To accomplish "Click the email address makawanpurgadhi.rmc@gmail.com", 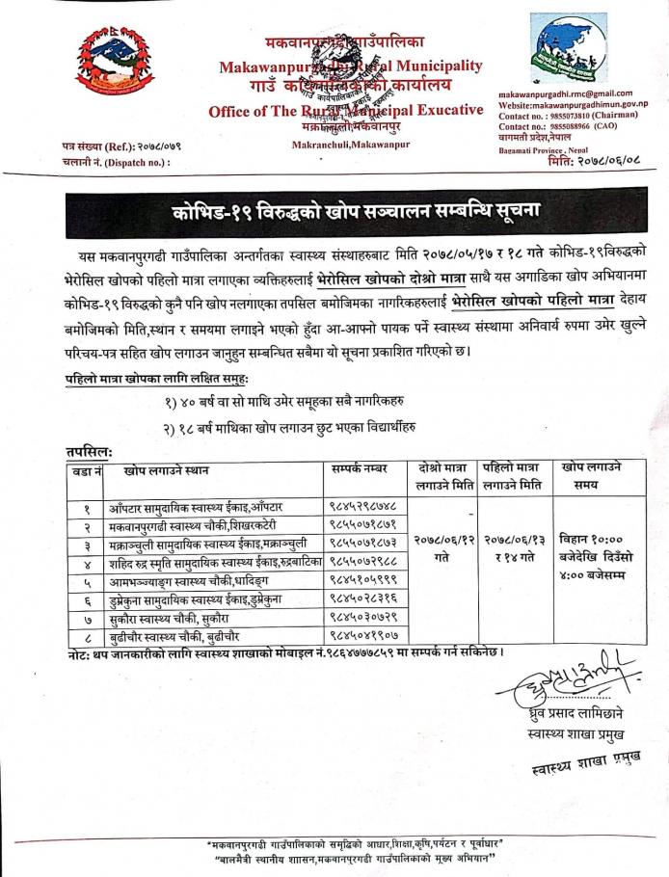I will pyautogui.click(x=565, y=93).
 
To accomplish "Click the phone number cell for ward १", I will pyautogui.click(x=364, y=506).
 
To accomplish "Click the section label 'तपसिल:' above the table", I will pyautogui.click(x=89, y=450).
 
